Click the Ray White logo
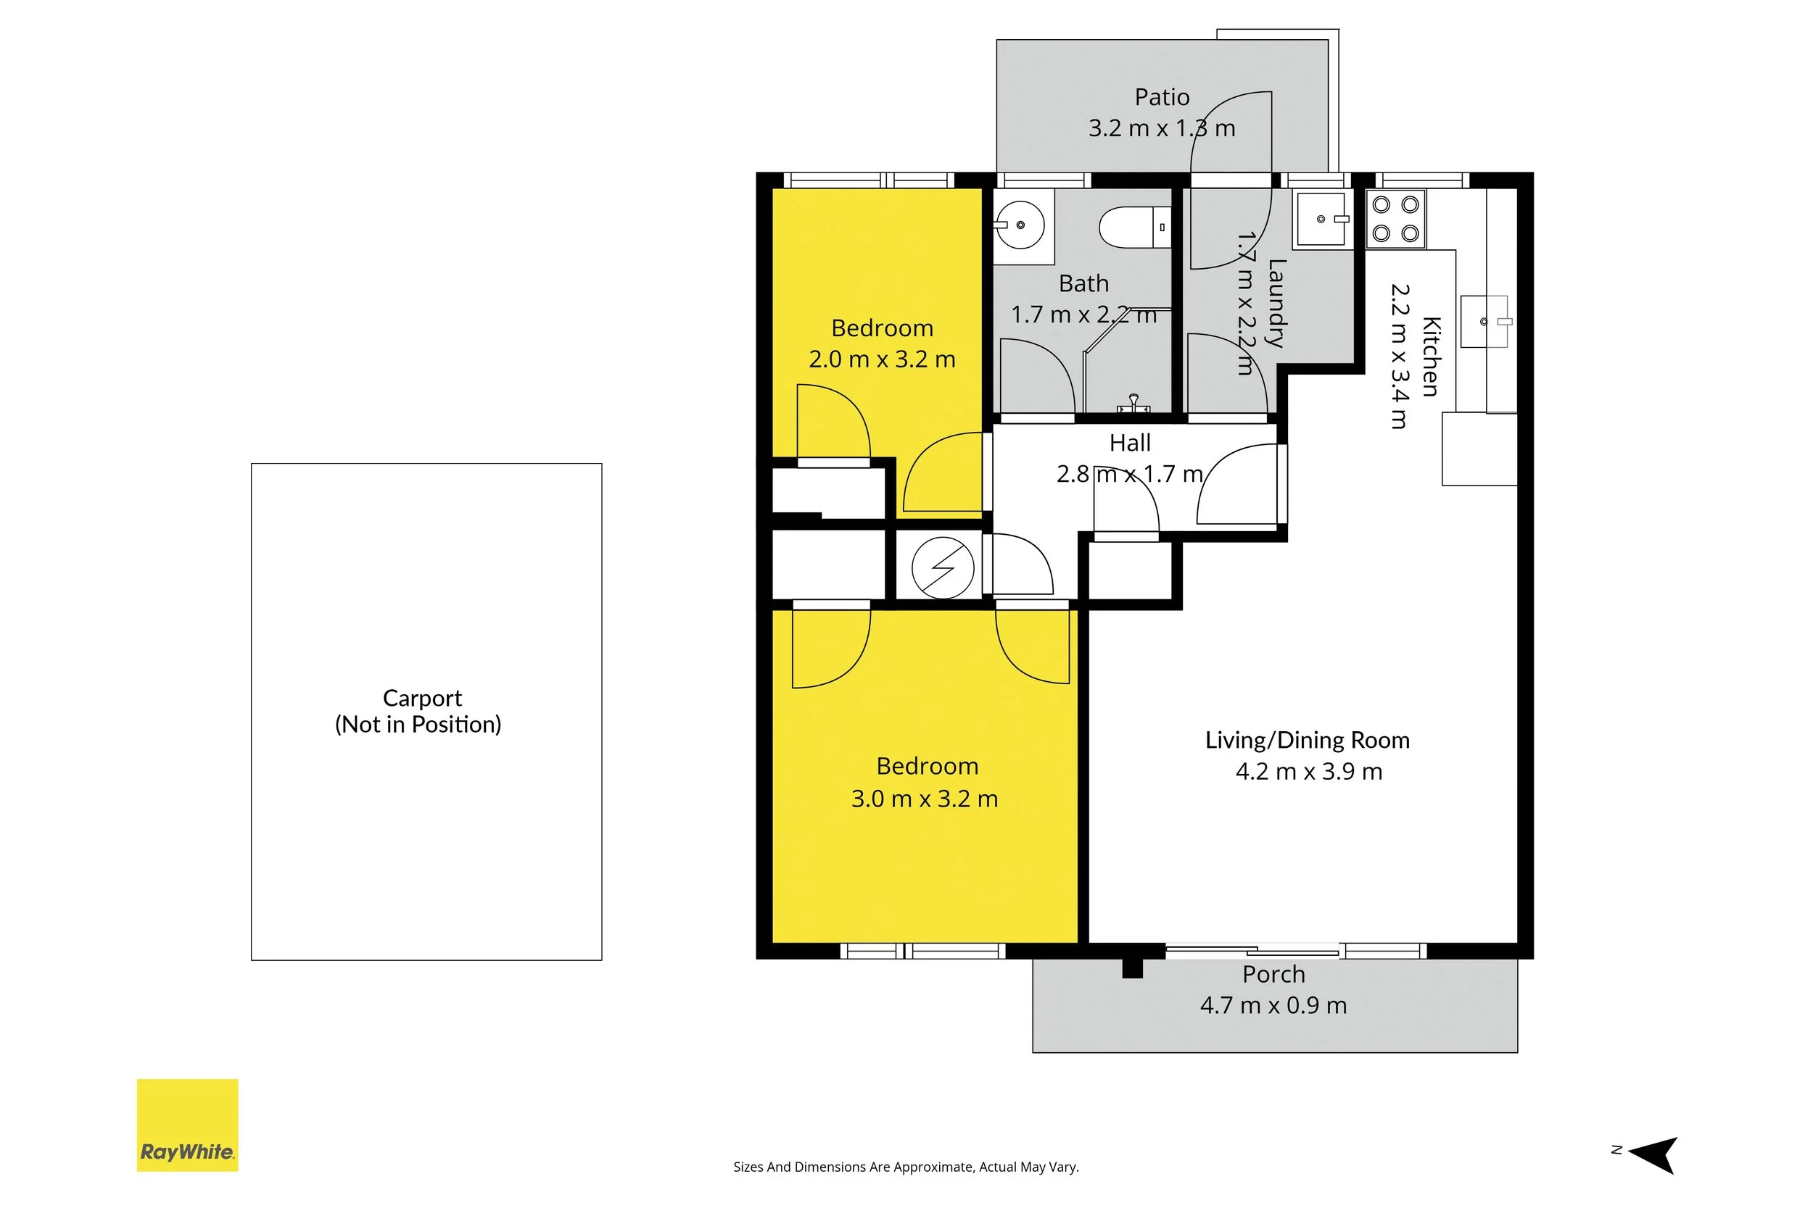(x=187, y=1125)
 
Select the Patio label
(x=1162, y=97)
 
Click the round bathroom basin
(x=1018, y=225)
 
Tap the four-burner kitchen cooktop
(x=1396, y=220)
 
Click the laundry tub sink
(x=1322, y=220)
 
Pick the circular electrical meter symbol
(x=943, y=568)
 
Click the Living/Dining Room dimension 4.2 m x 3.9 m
(x=1309, y=771)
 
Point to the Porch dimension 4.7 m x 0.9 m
(x=1273, y=1005)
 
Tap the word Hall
(x=1130, y=443)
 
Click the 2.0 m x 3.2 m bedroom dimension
(x=882, y=359)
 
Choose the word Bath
(x=1083, y=283)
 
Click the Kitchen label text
(x=1431, y=356)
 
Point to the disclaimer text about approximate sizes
(x=906, y=1167)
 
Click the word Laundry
(x=1276, y=304)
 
